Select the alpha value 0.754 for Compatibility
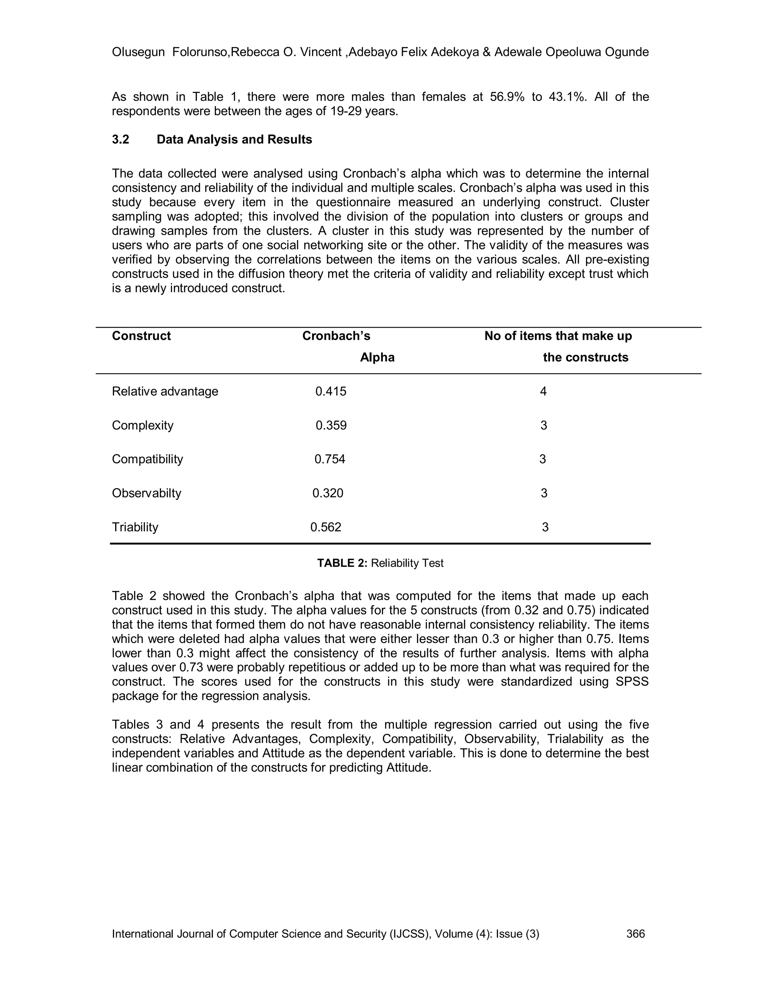(x=330, y=459)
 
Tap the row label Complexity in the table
(x=142, y=425)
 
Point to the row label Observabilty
(x=146, y=493)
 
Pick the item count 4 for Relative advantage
(x=543, y=391)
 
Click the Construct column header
(x=141, y=336)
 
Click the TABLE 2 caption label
(x=342, y=563)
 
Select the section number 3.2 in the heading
(x=120, y=139)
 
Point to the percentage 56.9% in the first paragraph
(x=507, y=97)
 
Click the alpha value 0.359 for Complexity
(x=331, y=425)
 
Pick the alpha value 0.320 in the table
(x=328, y=493)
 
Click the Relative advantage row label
(x=165, y=391)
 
